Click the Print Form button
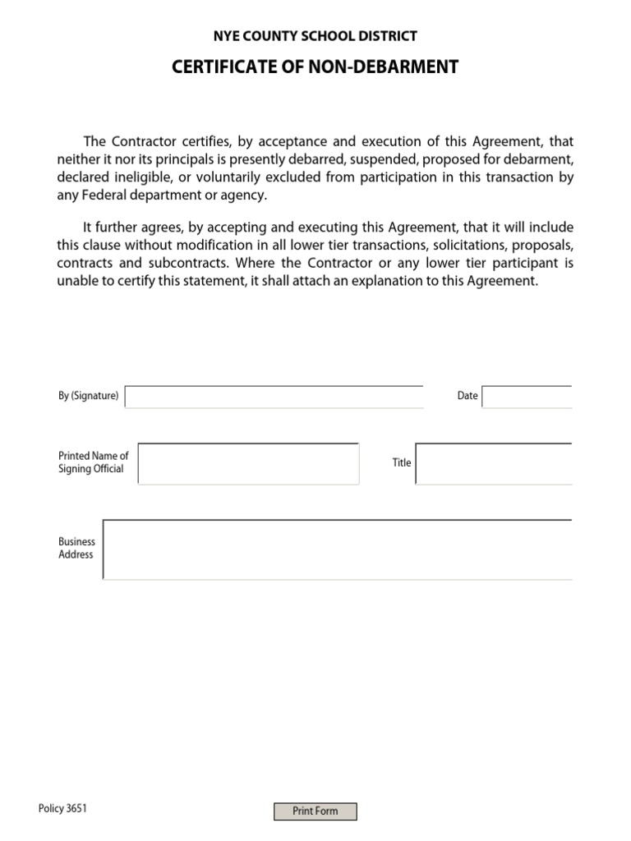pos(315,811)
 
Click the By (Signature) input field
pos(274,397)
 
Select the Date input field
pos(527,397)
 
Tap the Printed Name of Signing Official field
pos(248,464)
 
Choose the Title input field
pos(494,464)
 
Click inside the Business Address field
pos(338,549)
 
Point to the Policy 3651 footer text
pos(62,809)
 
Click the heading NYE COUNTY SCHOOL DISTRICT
pos(315,36)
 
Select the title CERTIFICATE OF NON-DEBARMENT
pos(315,67)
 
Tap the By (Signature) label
pos(88,396)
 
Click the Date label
pos(467,396)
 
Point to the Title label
pos(402,462)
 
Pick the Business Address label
pos(76,548)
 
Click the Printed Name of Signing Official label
pos(93,462)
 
